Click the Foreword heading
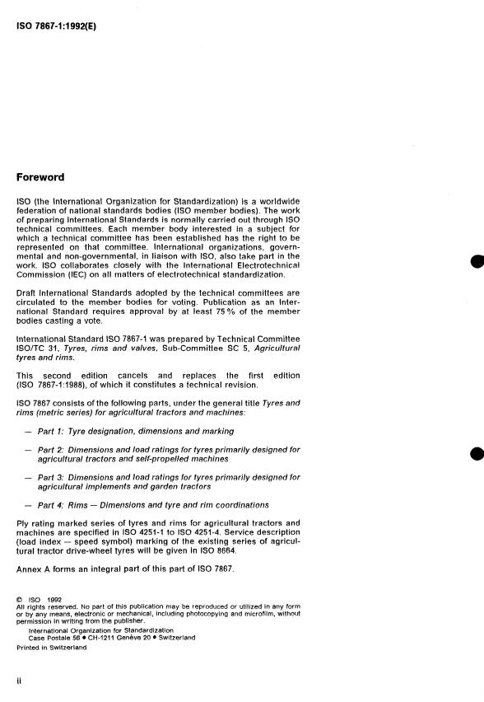(x=40, y=176)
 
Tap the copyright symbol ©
(x=20, y=599)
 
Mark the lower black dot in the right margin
(x=476, y=455)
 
